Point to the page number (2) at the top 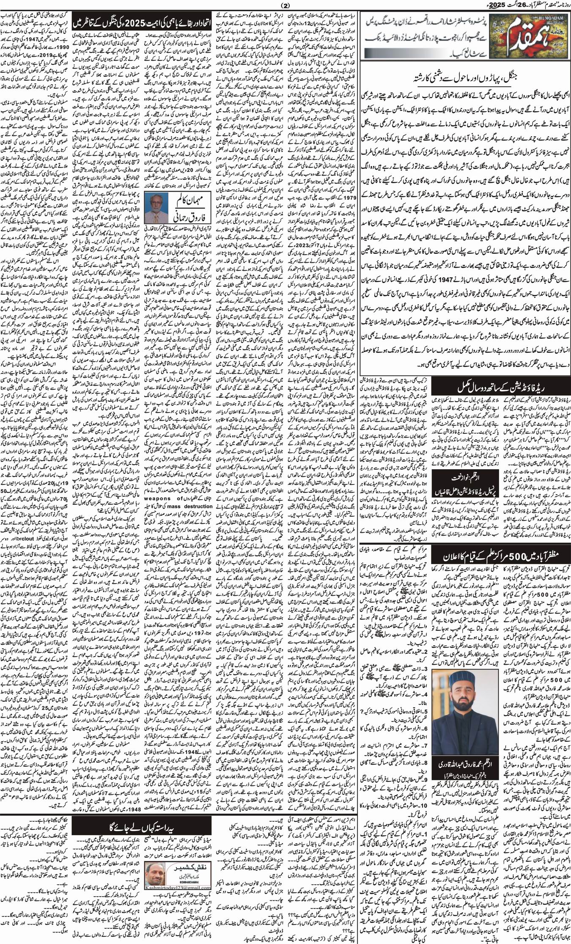[286, 6]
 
